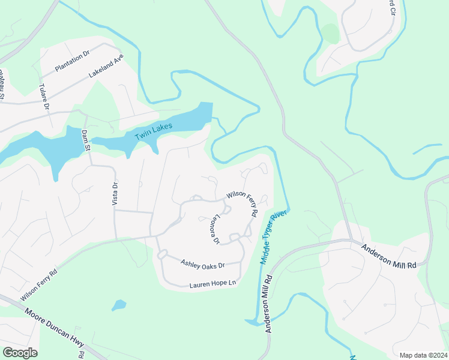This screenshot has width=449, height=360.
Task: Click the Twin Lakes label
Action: (154, 131)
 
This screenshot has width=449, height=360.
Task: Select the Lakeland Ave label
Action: (106, 67)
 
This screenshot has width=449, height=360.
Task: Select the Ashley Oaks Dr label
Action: (202, 263)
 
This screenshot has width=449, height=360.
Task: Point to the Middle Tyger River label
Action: (271, 237)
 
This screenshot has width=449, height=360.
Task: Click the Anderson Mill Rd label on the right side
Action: (388, 255)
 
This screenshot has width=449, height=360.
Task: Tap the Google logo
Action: (20, 353)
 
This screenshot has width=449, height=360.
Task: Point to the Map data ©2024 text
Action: (423, 355)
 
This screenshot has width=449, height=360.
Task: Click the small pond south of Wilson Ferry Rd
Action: (119, 305)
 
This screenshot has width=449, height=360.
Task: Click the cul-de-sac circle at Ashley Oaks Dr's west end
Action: (161, 255)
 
